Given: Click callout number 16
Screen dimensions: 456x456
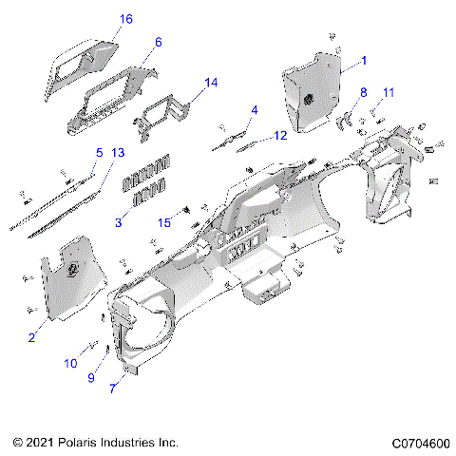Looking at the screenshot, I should tap(126, 19).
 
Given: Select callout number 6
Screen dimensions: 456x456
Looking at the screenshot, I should tap(158, 42).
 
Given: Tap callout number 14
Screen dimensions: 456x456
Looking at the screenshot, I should tap(211, 83).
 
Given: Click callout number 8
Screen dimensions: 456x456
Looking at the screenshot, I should tap(363, 91).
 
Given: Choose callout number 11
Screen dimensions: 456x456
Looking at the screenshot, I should tap(388, 91).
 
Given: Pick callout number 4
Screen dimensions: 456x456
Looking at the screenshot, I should tap(254, 110).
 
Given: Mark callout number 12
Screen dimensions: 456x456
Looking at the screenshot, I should tap(280, 136).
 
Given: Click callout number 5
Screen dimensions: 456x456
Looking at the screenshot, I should tap(98, 152).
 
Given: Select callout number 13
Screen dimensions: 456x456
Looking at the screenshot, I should tap(118, 152).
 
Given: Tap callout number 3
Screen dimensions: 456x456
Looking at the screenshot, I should tap(118, 222).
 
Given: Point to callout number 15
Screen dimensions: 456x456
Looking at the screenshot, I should tap(164, 222).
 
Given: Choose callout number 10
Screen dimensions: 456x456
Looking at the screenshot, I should tap(69, 363).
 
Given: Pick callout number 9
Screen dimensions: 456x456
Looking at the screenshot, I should tap(92, 379).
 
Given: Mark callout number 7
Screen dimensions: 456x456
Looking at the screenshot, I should tap(116, 389).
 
